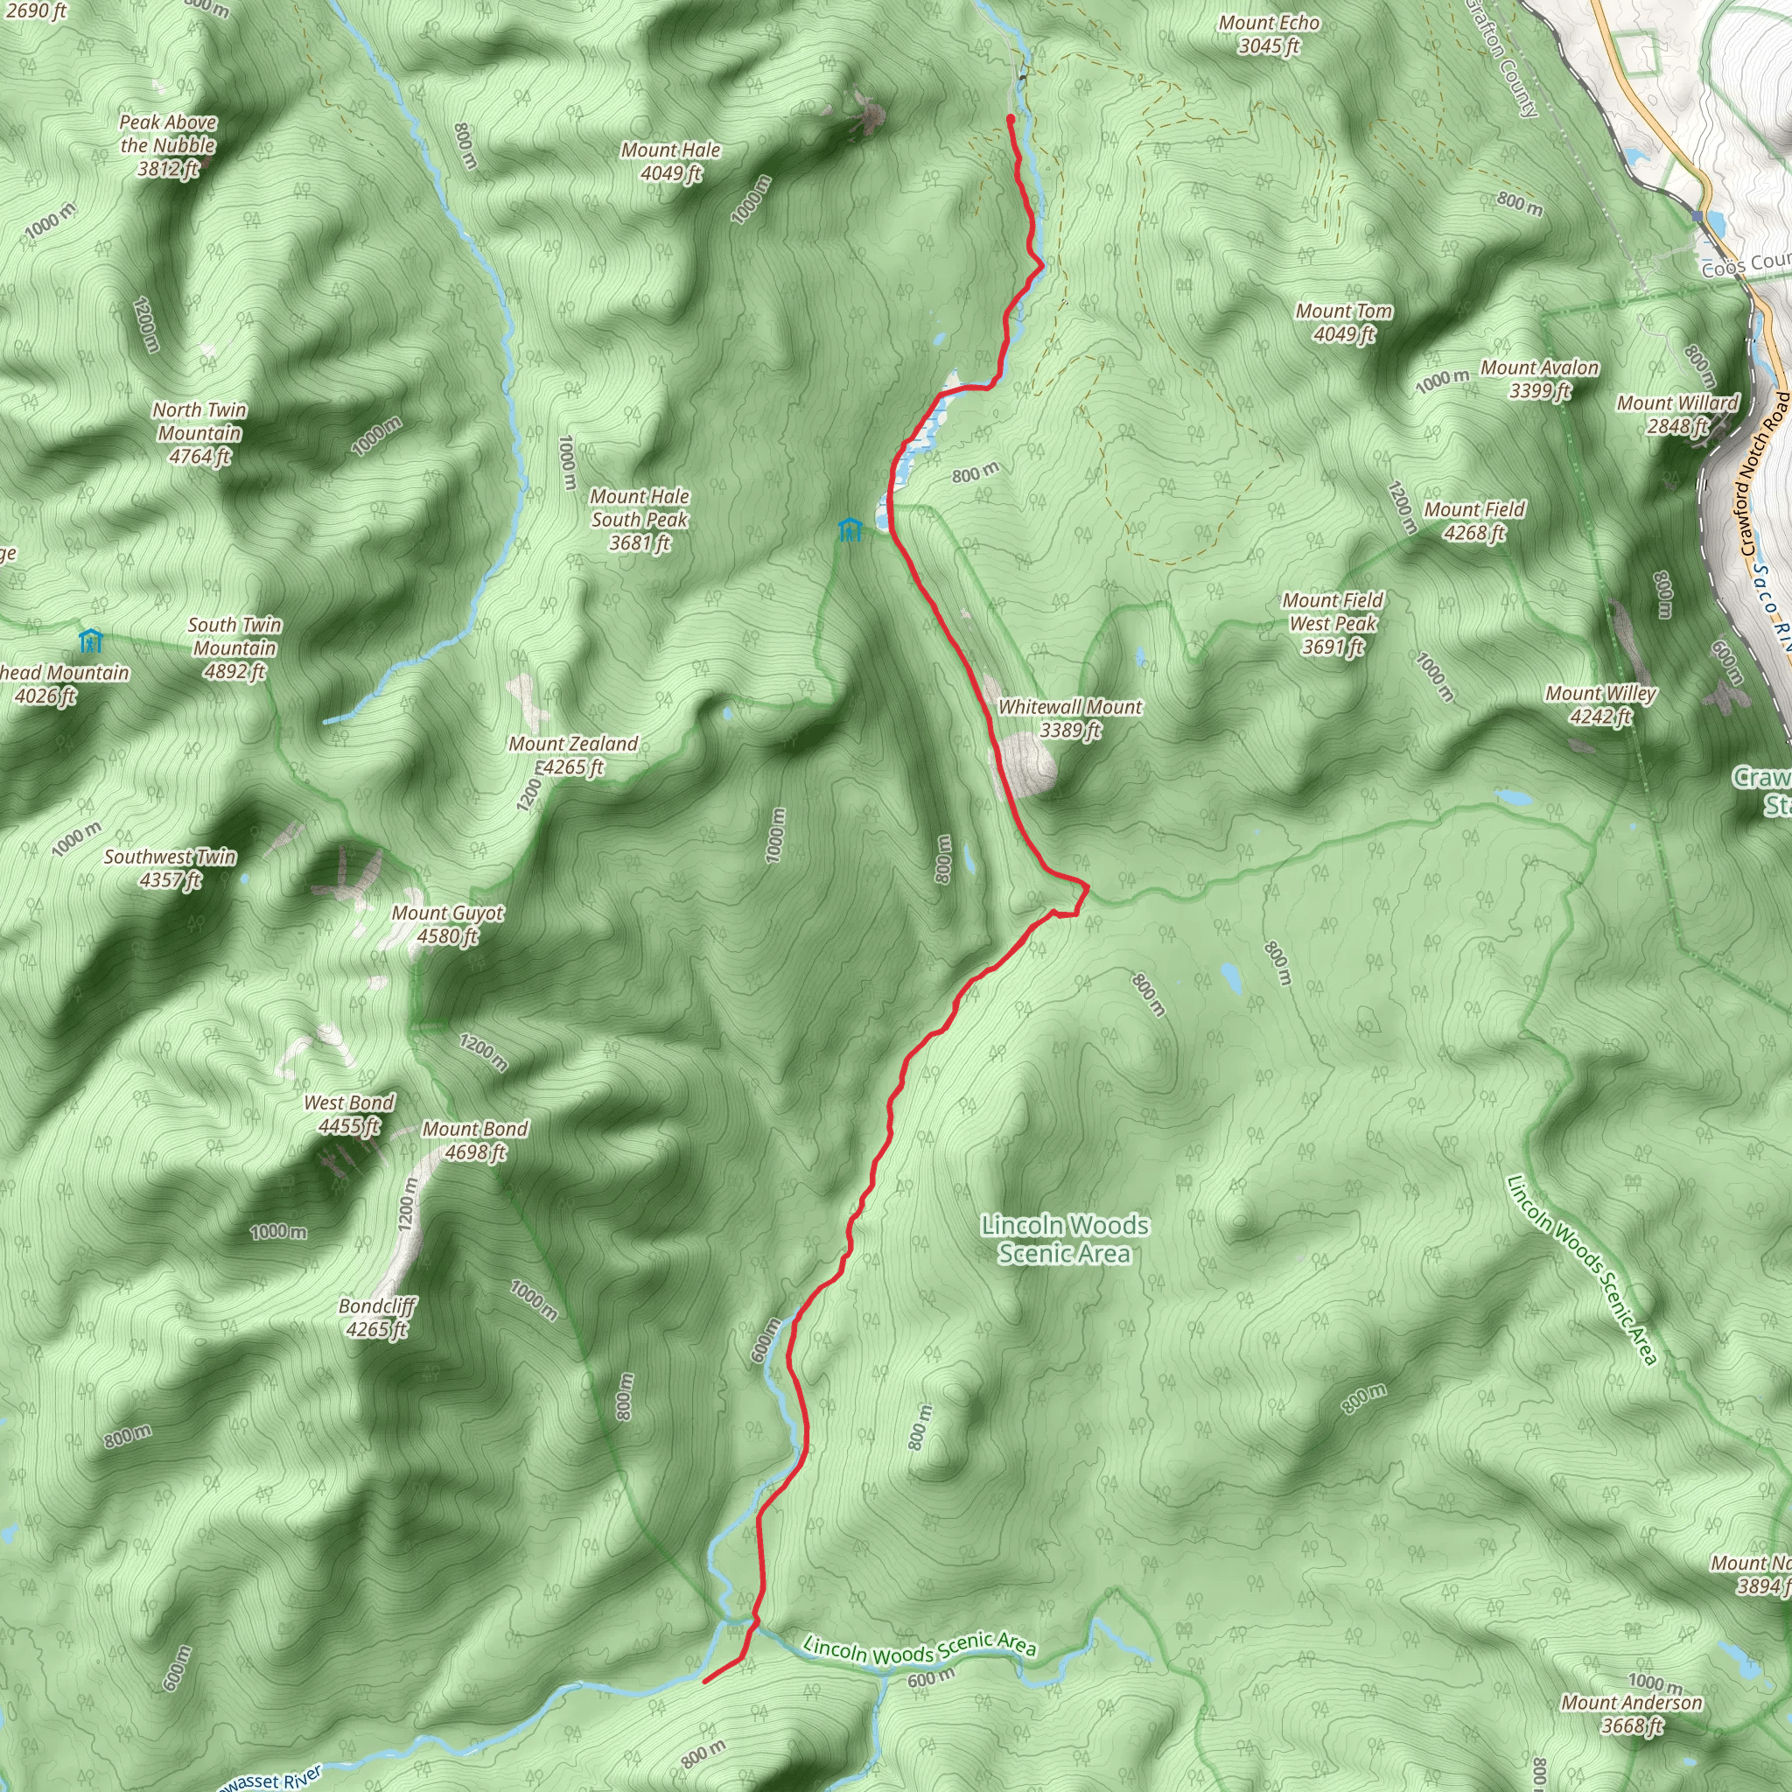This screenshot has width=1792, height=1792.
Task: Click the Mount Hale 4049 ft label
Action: coord(670,161)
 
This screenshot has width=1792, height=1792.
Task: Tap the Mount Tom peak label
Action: coord(1344,323)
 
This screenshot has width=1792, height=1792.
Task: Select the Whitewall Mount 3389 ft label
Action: coord(1069,717)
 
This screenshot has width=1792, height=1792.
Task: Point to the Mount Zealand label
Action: coord(573,755)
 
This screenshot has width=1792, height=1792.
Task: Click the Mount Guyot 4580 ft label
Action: coord(447,924)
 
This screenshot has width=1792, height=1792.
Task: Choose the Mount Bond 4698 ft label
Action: coord(475,1140)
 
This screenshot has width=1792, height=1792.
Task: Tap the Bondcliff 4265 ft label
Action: coord(376,1317)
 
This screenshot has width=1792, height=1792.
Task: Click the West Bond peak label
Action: coord(349,1114)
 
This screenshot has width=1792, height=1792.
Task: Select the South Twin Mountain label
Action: coord(234,647)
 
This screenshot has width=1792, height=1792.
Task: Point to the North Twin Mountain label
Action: coord(199,432)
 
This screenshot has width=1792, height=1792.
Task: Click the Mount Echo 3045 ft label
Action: coord(1269,34)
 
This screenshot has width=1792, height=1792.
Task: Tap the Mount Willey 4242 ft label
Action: coord(1600,705)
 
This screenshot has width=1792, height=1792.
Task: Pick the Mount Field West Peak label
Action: coord(1333,623)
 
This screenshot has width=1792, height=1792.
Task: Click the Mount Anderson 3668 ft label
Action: coord(1632,1713)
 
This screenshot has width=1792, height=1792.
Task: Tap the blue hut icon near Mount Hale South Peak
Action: coord(850,529)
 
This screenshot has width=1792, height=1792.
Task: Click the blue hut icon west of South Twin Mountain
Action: coord(90,640)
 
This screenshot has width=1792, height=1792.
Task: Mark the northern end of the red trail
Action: coord(1010,118)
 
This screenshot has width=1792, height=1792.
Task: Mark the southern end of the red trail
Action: coord(706,1681)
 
